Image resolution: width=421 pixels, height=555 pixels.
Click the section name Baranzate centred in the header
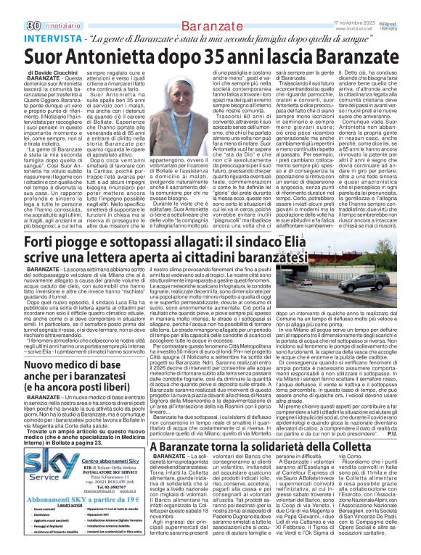tap(210, 9)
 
